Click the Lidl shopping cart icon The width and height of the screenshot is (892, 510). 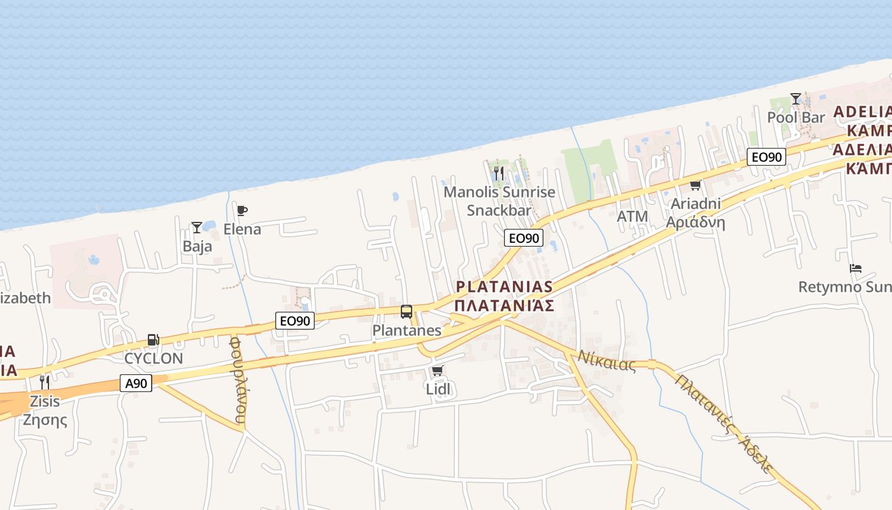coord(437,370)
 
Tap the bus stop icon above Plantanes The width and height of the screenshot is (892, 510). coord(406,312)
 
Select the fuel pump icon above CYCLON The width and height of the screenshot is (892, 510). coord(153,340)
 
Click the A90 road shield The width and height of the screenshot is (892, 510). coord(136,383)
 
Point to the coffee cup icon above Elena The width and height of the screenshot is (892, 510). coord(241,210)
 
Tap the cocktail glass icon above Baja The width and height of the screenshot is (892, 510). coord(197,228)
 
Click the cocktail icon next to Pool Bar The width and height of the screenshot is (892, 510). coord(796,99)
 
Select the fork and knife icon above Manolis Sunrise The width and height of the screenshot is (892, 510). coord(499,173)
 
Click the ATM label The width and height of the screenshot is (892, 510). coord(632,217)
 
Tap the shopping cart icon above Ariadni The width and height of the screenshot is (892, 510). coord(695,186)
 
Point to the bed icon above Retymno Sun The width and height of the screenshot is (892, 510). coord(856,268)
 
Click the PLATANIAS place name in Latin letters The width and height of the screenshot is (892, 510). coord(504,287)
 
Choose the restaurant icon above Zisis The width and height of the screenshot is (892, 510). coord(44,382)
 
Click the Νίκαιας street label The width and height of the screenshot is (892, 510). coord(607,361)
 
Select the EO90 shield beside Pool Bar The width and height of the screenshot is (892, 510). coord(766,157)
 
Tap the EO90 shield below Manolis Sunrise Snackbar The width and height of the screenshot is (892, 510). coord(524,238)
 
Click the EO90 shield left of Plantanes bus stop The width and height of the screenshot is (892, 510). coord(296,321)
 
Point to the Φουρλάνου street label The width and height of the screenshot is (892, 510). coord(238,381)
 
